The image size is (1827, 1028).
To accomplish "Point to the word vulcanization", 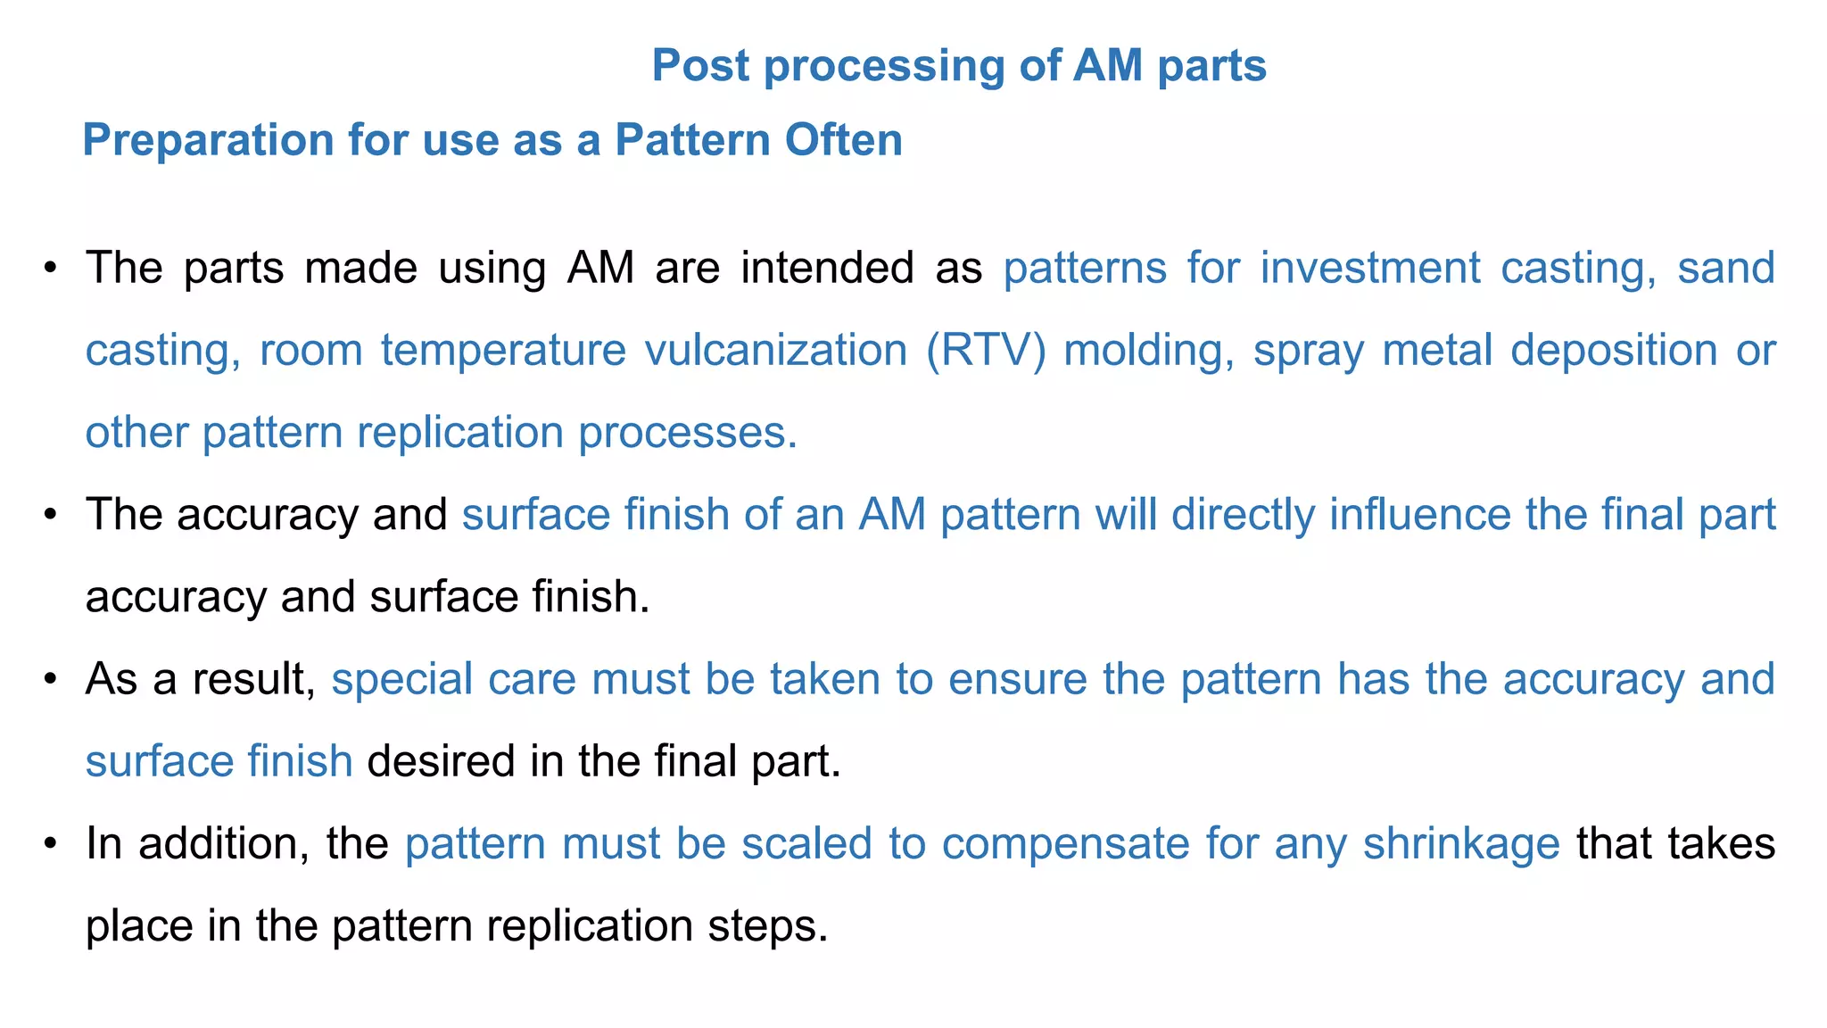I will (x=775, y=351).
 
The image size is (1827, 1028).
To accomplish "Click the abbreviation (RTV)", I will (x=986, y=351).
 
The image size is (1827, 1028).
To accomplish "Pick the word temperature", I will (x=503, y=351).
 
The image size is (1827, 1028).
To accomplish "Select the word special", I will (x=401, y=680).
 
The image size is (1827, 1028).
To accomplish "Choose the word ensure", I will (x=1017, y=680).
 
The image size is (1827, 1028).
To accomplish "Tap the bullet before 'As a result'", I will (x=51, y=680).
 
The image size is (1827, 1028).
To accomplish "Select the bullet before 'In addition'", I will (x=51, y=844).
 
